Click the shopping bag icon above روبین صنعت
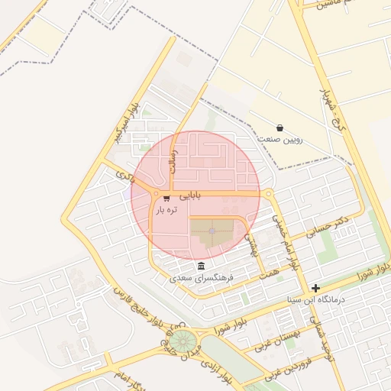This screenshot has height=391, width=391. tap(280, 128)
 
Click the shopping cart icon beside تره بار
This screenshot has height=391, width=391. tap(166, 199)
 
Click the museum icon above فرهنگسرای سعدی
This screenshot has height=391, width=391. tap(201, 265)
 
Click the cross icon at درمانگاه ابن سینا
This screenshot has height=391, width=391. tap(315, 288)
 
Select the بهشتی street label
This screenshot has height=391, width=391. tap(252, 244)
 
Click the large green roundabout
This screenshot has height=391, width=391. tap(182, 341)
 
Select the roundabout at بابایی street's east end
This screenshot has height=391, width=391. tap(269, 194)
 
